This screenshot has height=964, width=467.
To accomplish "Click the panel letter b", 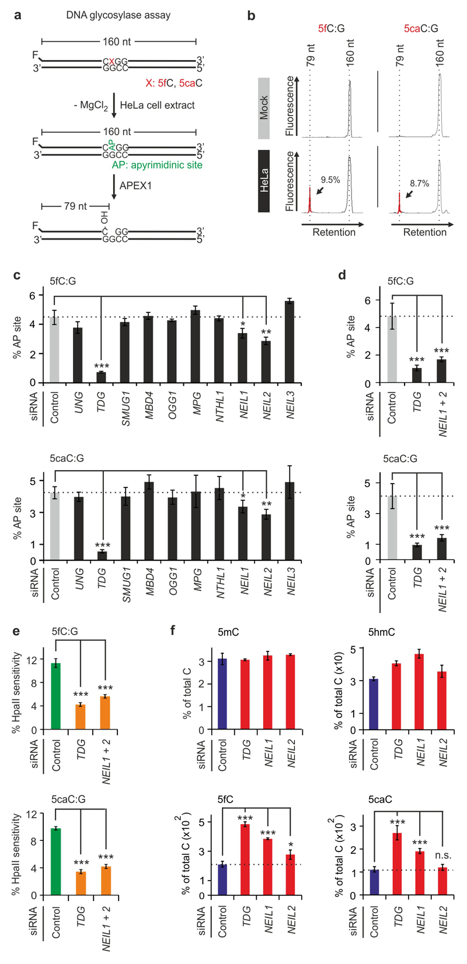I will tap(252, 16).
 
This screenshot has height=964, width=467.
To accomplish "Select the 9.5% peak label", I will tap(330, 180).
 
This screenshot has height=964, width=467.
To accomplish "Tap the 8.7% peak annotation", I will tap(419, 183).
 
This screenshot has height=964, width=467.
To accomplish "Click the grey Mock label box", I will tap(264, 108).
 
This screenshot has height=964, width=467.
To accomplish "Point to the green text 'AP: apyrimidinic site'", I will tap(157, 165).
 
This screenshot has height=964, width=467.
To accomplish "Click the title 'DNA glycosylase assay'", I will tap(118, 15).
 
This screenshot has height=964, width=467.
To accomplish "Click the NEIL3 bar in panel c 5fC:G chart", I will tap(290, 342).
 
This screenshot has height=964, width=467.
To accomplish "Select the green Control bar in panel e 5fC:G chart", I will tap(56, 696).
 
